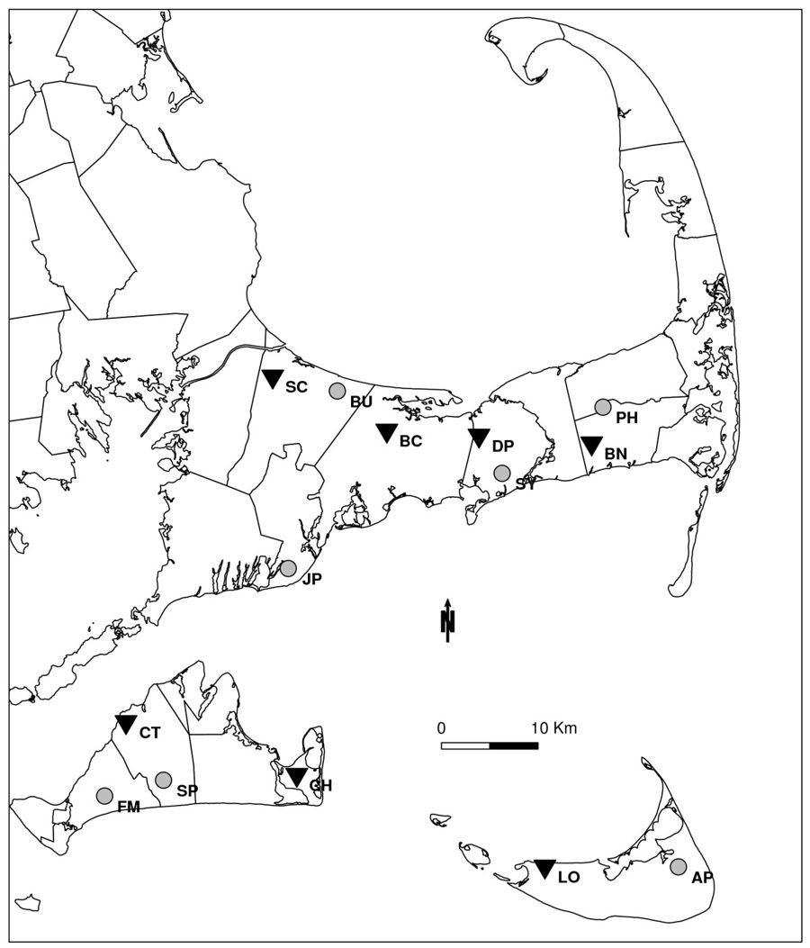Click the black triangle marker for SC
(273, 379)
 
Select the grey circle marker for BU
(337, 390)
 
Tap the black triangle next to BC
(386, 432)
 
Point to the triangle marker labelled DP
(479, 438)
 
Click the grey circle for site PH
(603, 407)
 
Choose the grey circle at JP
(288, 568)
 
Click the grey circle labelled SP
(163, 780)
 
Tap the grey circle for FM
(104, 796)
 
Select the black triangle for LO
(544, 868)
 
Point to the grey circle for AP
(679, 866)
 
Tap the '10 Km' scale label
(546, 727)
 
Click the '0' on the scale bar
(441, 727)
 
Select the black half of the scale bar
(514, 745)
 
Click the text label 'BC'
(410, 441)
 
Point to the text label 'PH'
(627, 418)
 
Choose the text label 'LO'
(569, 877)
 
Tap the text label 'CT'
(149, 733)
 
